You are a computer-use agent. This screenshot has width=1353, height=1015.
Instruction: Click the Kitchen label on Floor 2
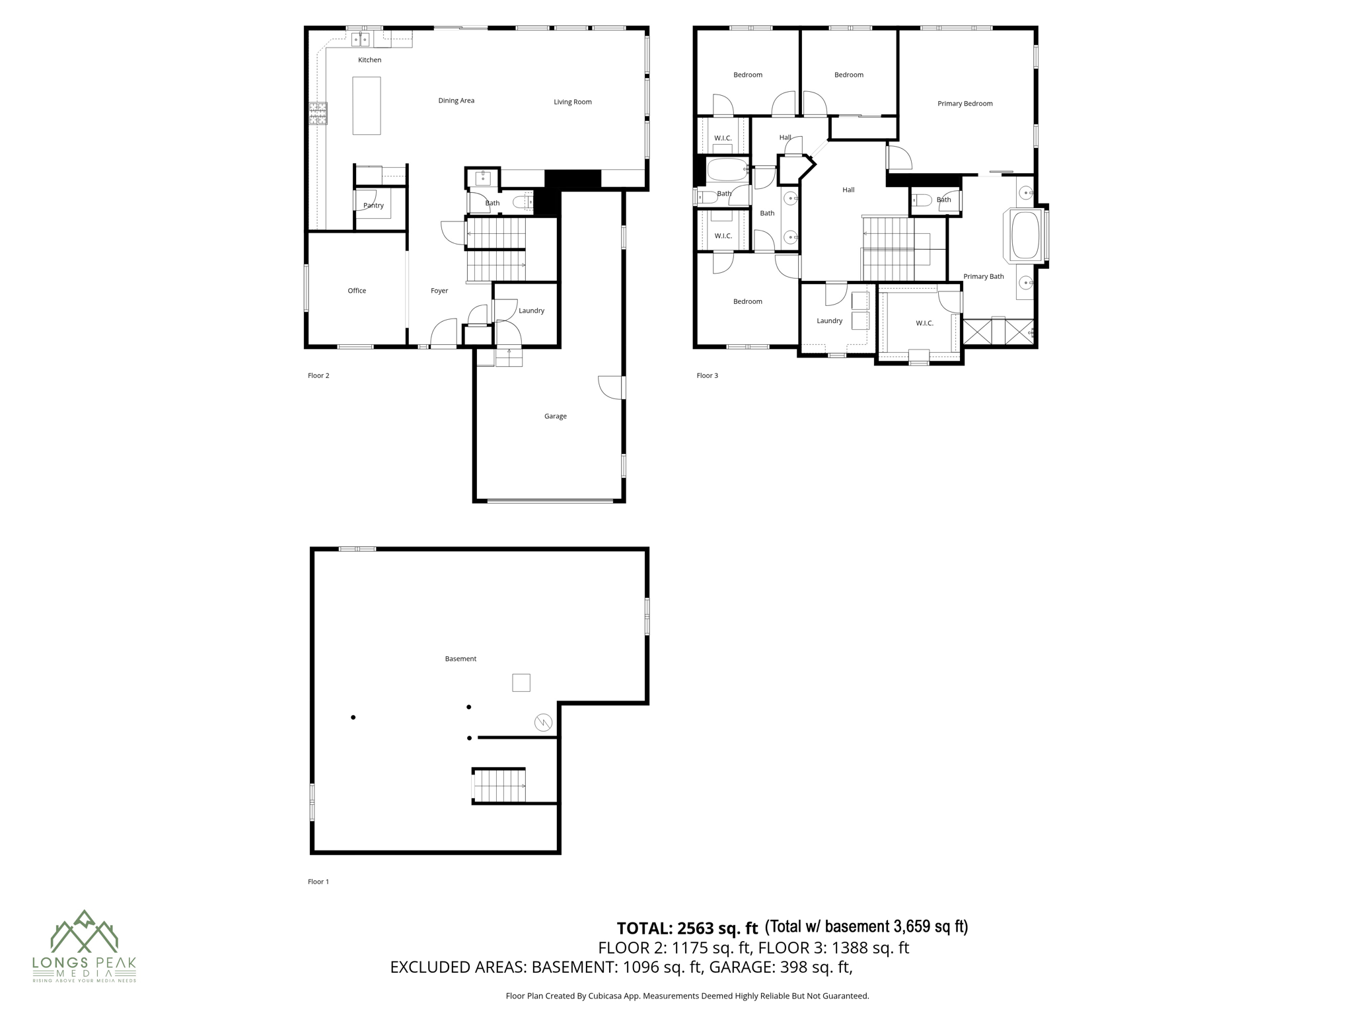369,60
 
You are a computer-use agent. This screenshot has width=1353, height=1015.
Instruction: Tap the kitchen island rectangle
366,106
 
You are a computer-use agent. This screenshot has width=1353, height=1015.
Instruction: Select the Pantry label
373,206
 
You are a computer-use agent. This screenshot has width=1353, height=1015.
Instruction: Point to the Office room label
357,291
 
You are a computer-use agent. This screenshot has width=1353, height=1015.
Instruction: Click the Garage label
555,416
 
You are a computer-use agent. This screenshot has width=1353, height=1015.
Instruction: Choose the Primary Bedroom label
965,104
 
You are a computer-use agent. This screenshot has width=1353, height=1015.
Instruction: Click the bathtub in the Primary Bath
1025,235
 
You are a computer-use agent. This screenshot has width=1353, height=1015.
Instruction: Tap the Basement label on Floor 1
460,659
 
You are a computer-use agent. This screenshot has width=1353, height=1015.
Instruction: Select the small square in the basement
521,683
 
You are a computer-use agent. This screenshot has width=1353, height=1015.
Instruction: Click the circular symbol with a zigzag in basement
543,722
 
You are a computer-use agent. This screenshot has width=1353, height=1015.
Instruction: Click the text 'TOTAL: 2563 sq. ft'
687,928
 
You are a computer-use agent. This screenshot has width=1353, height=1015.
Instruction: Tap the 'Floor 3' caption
707,375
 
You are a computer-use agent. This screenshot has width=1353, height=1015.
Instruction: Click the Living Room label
572,102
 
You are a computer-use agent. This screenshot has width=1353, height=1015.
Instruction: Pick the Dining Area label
456,100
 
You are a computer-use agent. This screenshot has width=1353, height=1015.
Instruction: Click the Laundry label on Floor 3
829,320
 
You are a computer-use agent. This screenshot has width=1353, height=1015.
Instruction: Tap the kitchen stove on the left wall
318,114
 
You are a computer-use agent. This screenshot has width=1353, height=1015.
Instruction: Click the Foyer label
439,291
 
